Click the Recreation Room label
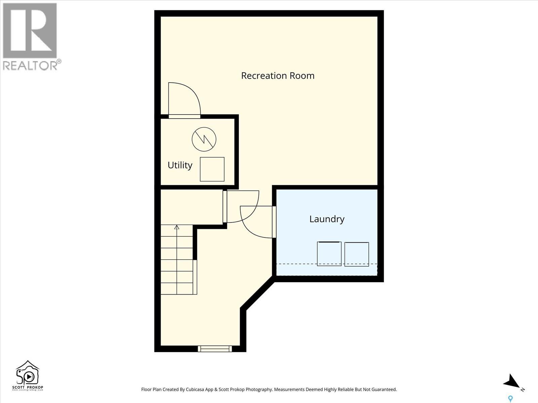(x=278, y=76)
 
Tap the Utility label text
(x=180, y=165)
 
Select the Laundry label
(x=327, y=219)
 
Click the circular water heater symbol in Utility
(x=204, y=139)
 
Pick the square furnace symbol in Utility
(x=212, y=169)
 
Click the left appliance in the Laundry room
(x=329, y=254)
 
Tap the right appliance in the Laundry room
(x=357, y=254)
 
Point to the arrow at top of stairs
(x=177, y=227)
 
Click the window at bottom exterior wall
(x=215, y=349)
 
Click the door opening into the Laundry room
(x=257, y=222)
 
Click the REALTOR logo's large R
(x=30, y=31)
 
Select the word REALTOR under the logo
(x=30, y=65)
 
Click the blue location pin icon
(x=510, y=399)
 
